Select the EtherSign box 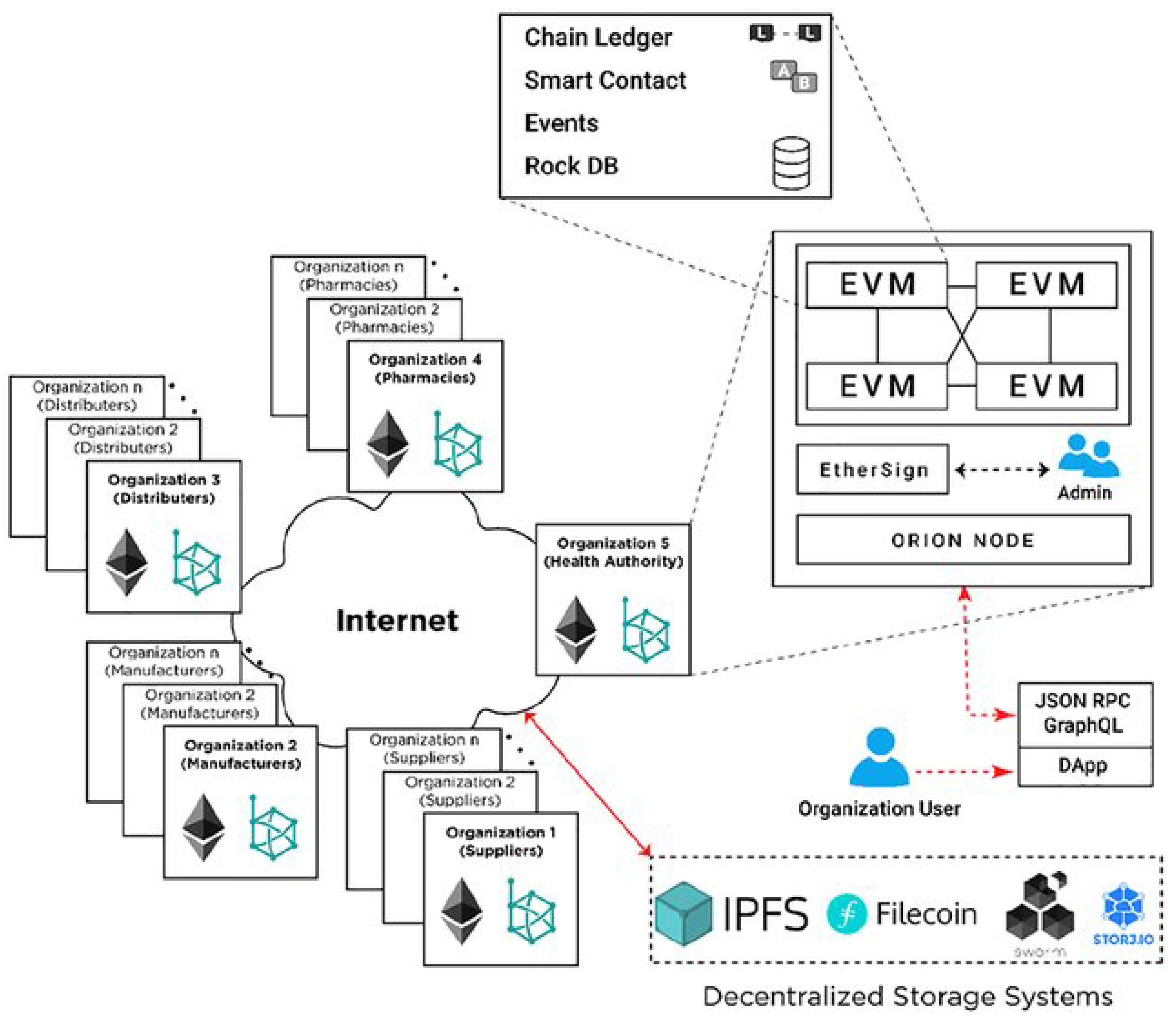pyautogui.click(x=873, y=470)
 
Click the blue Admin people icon pyautogui.click(x=1088, y=456)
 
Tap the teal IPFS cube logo pyautogui.click(x=683, y=914)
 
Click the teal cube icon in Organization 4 pyautogui.click(x=457, y=444)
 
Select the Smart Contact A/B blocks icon pyautogui.click(x=794, y=77)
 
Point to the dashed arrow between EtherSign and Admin pyautogui.click(x=1002, y=470)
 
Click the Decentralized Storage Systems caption pyautogui.click(x=907, y=996)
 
